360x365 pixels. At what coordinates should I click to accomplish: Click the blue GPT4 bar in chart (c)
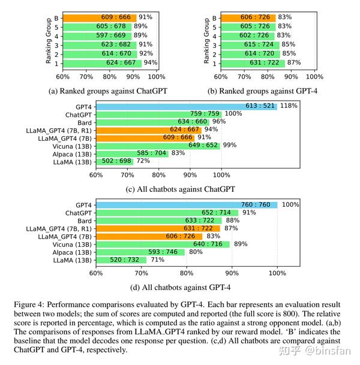click(186, 105)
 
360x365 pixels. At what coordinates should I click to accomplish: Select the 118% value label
click(289, 105)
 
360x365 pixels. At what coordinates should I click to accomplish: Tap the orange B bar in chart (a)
click(99, 17)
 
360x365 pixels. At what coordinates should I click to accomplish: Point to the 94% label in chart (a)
click(150, 62)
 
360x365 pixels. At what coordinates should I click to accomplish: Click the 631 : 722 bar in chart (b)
click(253, 62)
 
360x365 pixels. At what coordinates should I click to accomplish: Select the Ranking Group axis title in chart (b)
click(206, 40)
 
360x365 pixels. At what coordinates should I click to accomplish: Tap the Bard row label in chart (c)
click(83, 122)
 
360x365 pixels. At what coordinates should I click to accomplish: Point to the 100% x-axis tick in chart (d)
click(277, 273)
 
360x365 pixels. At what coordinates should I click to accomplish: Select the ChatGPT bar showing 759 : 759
click(158, 114)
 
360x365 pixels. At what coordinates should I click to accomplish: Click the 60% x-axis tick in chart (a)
click(62, 76)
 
